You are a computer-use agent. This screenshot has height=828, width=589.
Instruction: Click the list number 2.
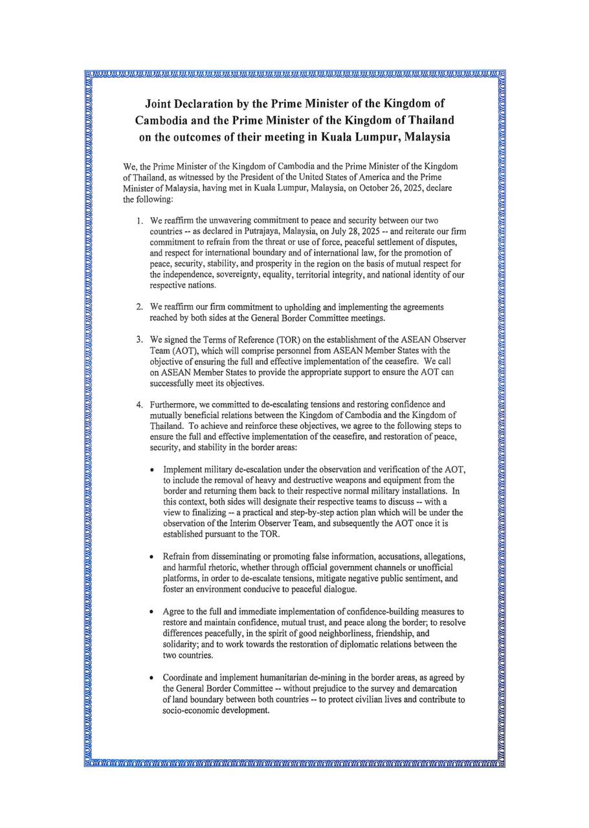pos(139,307)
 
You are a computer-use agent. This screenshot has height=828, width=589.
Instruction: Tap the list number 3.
pos(139,340)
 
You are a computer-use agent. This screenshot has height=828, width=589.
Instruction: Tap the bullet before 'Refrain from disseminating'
pos(151,557)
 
